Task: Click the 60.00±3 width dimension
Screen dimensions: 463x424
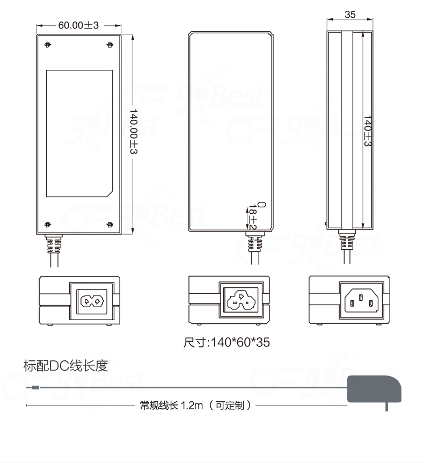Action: point(78,25)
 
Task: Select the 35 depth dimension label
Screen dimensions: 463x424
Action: point(350,15)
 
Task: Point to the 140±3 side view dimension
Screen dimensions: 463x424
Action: point(368,132)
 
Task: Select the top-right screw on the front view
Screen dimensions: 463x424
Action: point(110,45)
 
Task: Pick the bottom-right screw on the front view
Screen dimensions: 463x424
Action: point(110,224)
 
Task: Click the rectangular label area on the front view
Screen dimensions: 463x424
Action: point(79,133)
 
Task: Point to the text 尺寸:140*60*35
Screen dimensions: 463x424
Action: point(226,342)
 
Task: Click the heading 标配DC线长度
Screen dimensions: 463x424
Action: point(65,366)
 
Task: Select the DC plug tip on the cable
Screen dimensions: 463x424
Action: point(33,387)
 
